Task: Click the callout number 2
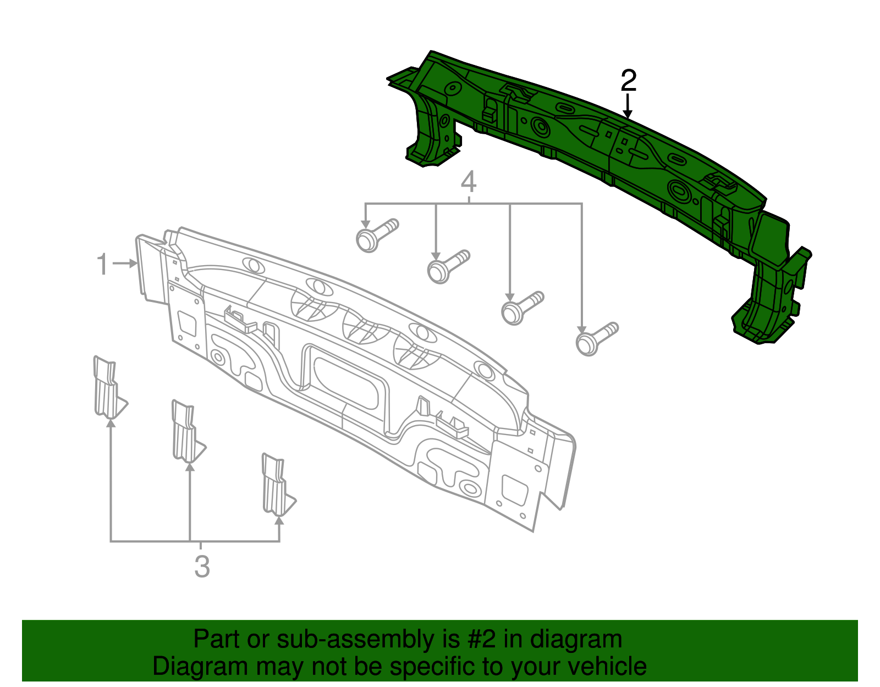(x=628, y=80)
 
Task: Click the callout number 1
(x=103, y=264)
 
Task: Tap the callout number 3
(x=202, y=567)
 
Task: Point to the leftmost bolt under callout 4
(x=377, y=235)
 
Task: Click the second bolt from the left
(x=448, y=266)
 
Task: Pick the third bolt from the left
(x=522, y=307)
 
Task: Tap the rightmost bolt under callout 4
(x=597, y=339)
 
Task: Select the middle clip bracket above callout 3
(x=187, y=432)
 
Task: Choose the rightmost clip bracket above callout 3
(x=278, y=485)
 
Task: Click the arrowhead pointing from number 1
(x=134, y=263)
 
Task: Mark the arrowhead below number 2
(x=628, y=114)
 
